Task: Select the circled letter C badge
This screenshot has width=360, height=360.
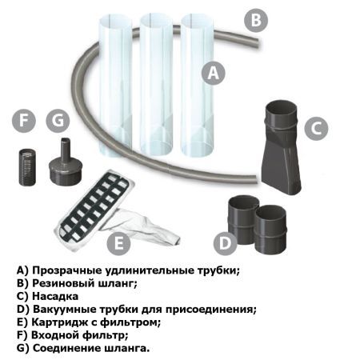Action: pos(316,126)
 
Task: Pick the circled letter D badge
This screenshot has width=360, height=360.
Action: pos(226,241)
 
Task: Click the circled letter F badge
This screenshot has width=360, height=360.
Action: pos(25,122)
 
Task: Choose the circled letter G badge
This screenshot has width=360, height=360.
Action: pos(57,122)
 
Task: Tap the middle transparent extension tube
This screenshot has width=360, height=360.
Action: pos(156,80)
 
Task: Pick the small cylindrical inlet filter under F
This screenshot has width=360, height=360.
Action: pos(26,166)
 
